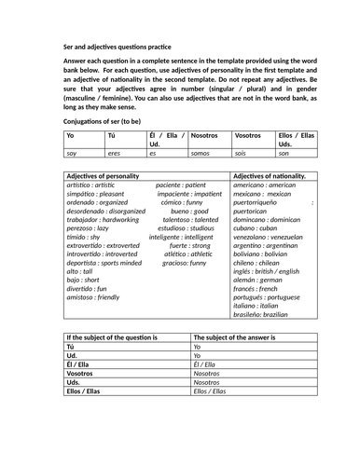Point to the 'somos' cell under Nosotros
point(200,153)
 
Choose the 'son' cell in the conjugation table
point(284,153)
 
